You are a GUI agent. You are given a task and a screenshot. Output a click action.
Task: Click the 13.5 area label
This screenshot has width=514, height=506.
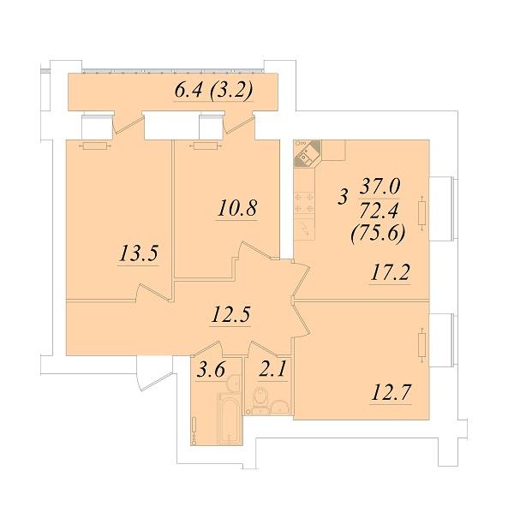pyautogui.click(x=139, y=253)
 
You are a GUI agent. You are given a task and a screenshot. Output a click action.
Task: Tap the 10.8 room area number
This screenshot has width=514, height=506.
pyautogui.click(x=237, y=208)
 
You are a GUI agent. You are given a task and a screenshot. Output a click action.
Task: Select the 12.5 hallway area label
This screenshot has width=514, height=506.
pyautogui.click(x=231, y=314)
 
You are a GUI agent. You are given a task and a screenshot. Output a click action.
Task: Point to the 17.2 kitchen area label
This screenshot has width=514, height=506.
pyautogui.click(x=390, y=272)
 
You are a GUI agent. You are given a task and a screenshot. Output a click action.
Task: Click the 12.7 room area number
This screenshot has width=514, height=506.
pyautogui.click(x=391, y=392)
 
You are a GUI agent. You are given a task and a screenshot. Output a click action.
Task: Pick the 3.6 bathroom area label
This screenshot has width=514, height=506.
pyautogui.click(x=211, y=370)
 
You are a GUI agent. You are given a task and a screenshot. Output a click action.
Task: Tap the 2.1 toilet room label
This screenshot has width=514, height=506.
pyautogui.click(x=272, y=369)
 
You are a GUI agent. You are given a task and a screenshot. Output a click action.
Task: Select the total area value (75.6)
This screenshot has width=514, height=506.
pyautogui.click(x=378, y=235)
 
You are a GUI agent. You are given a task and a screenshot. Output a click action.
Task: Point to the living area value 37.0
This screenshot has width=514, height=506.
pyautogui.click(x=380, y=187)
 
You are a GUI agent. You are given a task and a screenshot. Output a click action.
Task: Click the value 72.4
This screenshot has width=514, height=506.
pyautogui.click(x=379, y=211)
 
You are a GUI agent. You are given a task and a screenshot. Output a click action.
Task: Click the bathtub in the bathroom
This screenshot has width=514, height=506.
pyautogui.click(x=229, y=420)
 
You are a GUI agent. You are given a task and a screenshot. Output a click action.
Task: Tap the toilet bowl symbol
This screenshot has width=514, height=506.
pyautogui.click(x=260, y=397)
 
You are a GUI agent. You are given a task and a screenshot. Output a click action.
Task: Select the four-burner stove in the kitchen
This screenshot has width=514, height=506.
pyautogui.click(x=304, y=203)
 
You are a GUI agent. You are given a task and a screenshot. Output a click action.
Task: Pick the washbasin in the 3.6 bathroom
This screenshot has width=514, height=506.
pyautogui.click(x=234, y=382)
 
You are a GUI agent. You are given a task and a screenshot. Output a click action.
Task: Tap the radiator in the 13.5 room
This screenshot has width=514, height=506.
pyautogui.click(x=95, y=146)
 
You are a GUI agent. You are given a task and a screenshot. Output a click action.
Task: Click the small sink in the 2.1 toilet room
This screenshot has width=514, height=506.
pyautogui.click(x=279, y=408)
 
